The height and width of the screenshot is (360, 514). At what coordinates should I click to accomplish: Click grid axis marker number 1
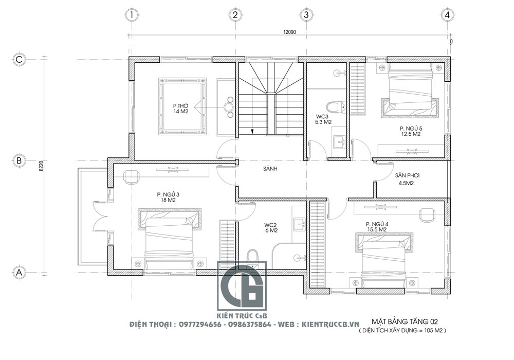[x=132, y=15]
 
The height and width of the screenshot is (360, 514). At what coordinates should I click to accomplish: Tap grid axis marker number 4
[x=448, y=15]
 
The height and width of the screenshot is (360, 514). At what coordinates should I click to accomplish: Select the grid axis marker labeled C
[x=19, y=59]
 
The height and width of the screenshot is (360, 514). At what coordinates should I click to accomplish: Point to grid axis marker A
[x=19, y=272]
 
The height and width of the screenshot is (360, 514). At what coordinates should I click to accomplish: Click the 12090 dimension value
[x=289, y=32]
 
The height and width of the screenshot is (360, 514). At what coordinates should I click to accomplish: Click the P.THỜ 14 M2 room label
[x=181, y=109]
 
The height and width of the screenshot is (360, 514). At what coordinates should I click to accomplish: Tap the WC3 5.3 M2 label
[x=323, y=119]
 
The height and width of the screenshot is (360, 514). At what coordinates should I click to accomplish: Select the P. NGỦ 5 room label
[x=410, y=131]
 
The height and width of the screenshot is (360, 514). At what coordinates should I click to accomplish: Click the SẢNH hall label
[x=270, y=169]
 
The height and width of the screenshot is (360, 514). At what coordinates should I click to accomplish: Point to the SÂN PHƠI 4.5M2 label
[x=407, y=179]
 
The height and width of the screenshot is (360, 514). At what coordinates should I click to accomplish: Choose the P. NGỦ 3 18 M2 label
[x=168, y=197]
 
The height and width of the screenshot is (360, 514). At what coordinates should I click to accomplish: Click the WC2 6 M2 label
[x=271, y=227]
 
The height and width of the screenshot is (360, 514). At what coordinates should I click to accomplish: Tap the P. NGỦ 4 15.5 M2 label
[x=377, y=227]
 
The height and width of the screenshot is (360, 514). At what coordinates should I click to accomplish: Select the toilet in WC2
[x=252, y=257]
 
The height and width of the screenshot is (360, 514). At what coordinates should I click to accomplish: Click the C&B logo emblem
[x=242, y=285]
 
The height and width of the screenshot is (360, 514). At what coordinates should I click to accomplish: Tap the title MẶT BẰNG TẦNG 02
[x=405, y=321]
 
